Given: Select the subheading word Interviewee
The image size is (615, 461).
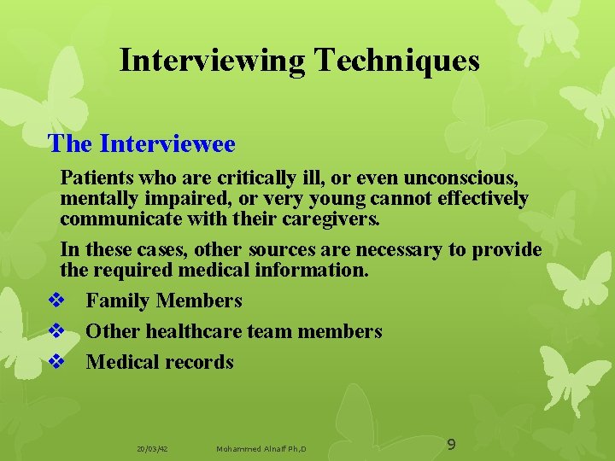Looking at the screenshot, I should [167, 143].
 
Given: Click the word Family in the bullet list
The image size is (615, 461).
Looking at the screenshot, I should [115, 301].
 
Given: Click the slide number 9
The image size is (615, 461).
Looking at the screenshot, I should [452, 444].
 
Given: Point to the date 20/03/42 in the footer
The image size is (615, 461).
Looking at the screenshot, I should [151, 448].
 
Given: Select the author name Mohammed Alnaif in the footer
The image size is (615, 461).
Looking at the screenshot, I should [252, 448].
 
